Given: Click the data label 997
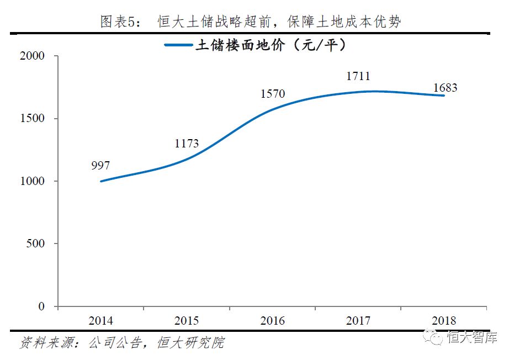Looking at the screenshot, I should point(101,166).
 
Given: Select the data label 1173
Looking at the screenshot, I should point(187,144).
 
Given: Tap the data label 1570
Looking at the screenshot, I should point(273,94).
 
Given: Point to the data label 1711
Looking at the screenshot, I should point(358,76).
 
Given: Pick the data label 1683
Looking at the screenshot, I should point(445,88).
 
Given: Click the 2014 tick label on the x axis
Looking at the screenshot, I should point(101,321).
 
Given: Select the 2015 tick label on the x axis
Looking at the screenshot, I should point(187,321).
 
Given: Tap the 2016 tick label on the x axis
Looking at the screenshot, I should point(273,321).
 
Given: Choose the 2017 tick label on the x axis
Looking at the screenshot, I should point(358,321).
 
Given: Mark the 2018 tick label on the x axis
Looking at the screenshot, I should point(444,321).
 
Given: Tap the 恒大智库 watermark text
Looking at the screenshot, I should point(472,337).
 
